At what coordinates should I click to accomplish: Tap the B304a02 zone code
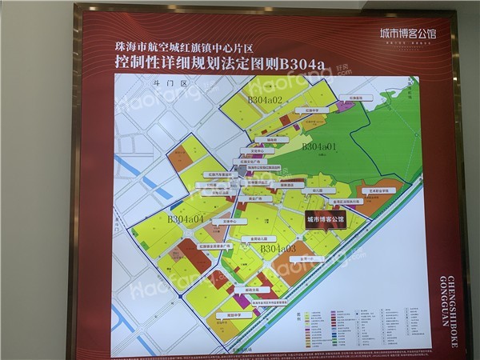click(x=264, y=99)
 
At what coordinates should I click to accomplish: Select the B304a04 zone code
click(x=186, y=218)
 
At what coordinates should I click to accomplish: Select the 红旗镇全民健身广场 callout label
click(x=214, y=247)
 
